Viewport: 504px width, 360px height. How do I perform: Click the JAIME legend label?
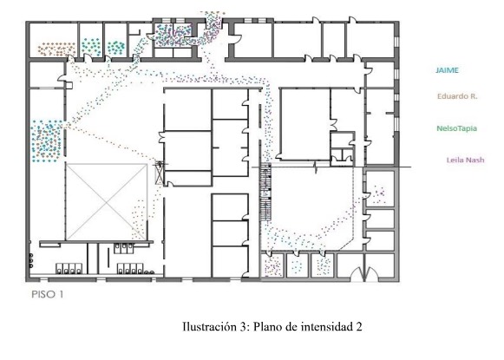tap(447, 70)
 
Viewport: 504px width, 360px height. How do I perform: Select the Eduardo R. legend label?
tap(457, 96)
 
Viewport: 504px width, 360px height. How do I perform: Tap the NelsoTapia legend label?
tap(456, 128)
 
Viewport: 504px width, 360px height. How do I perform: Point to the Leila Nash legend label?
tap(466, 160)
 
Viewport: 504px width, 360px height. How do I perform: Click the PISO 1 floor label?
tap(48, 294)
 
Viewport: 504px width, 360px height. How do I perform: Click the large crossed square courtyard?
tap(107, 202)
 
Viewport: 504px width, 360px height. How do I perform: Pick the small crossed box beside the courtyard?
tap(159, 173)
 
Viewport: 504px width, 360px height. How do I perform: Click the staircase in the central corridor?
tap(265, 192)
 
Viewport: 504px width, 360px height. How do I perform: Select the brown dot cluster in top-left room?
tap(56, 49)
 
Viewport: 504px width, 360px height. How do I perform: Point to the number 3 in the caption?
tap(243, 327)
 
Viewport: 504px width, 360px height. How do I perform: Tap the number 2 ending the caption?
tap(358, 327)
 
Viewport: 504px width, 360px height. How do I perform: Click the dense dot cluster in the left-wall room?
tap(47, 141)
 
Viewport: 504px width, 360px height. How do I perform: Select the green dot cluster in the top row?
tap(115, 48)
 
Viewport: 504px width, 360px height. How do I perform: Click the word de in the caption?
tap(290, 327)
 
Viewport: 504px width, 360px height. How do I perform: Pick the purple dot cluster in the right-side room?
tap(379, 193)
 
